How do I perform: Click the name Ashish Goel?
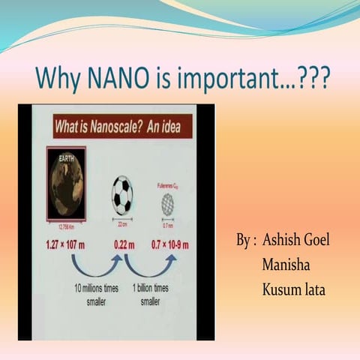[x=297, y=242]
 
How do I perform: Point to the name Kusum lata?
[x=294, y=288]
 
